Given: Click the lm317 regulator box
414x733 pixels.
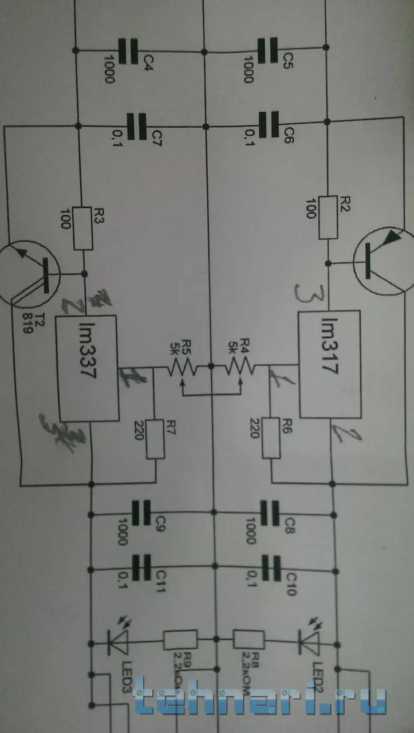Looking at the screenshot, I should [x=329, y=364].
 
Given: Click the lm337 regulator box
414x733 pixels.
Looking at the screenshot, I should [x=86, y=366].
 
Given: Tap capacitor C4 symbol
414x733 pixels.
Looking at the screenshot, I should [x=131, y=50].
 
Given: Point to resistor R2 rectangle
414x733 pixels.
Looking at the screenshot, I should [x=328, y=217].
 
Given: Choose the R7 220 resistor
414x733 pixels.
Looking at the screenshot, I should [x=155, y=439].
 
